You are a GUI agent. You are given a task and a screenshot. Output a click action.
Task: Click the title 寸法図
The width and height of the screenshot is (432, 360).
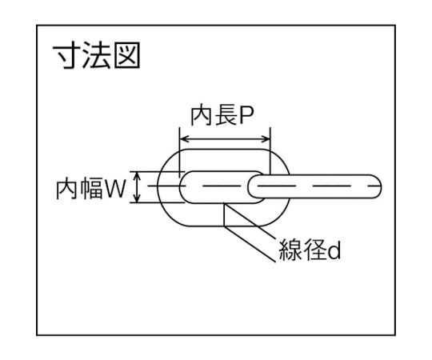[x=97, y=55]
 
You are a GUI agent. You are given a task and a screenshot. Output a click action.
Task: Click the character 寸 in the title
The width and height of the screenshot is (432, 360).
[x=67, y=55]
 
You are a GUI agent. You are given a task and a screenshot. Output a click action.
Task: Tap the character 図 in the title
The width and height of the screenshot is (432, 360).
[x=127, y=55]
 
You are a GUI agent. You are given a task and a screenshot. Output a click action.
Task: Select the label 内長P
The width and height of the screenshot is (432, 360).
[x=222, y=116]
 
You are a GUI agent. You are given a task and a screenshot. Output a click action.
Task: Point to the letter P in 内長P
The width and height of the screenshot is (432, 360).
[x=246, y=116]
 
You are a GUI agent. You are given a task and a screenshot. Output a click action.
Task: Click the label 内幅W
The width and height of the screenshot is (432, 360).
[x=91, y=190]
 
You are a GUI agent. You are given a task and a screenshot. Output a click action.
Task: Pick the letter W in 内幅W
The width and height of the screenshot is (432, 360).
[x=116, y=190]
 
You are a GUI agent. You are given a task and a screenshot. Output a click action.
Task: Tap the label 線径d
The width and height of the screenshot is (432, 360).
[x=310, y=250]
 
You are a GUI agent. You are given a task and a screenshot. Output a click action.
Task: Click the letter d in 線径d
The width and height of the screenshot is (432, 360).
[x=334, y=250]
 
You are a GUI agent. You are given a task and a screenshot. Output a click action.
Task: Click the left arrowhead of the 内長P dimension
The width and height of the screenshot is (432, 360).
[x=184, y=139]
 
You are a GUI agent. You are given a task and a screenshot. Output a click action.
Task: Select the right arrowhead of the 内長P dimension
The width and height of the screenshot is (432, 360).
[x=266, y=139]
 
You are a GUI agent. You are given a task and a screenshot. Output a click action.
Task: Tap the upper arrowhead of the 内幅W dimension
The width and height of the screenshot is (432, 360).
[x=137, y=175]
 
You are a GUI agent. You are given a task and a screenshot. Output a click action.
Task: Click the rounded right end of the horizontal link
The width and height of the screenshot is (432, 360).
[x=377, y=186]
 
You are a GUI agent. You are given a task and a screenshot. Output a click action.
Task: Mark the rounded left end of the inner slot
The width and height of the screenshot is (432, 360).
[x=182, y=187]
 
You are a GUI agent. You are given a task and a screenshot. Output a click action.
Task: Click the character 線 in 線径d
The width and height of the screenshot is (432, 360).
[x=290, y=250]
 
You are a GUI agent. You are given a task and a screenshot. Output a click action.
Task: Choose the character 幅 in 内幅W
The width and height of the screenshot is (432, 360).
[x=91, y=190]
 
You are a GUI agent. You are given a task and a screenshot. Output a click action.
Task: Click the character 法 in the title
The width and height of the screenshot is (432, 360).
[x=97, y=55]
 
